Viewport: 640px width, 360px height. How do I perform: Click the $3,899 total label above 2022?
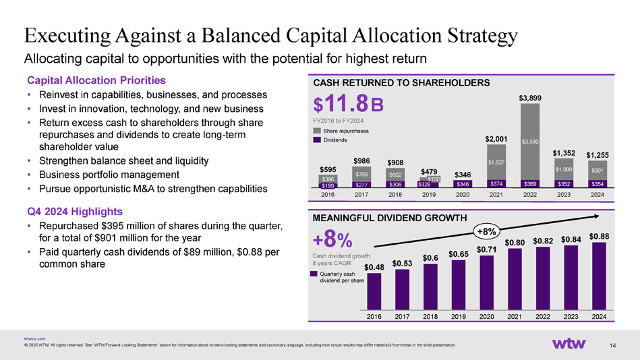point(529,98)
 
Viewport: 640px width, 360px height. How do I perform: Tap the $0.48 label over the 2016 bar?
point(374,268)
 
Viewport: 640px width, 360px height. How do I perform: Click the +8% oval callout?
point(487,232)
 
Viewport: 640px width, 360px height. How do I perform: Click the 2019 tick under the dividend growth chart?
point(459,316)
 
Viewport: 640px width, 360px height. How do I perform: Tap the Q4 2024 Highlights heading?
point(74,210)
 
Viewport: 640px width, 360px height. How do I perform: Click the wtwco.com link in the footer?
point(34,338)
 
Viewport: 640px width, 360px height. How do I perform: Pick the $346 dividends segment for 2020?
point(463,183)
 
